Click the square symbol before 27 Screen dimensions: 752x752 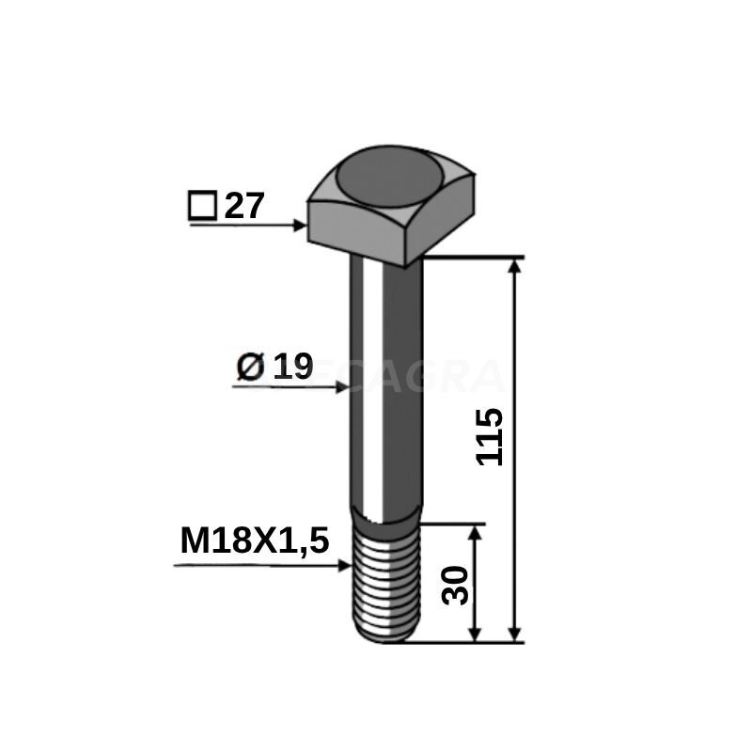201,206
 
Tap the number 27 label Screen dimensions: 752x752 245,206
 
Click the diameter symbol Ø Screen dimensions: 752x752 249,368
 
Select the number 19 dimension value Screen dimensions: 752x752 291,368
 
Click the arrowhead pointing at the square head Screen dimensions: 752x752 301,226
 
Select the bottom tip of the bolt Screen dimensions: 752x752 385,640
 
